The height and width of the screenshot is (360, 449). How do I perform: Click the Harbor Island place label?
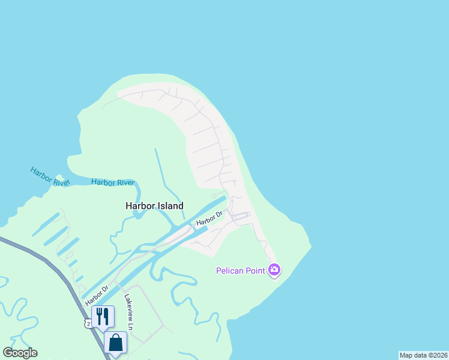point(154,206)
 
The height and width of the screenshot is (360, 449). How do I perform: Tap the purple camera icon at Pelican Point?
point(274,270)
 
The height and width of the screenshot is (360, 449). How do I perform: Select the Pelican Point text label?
point(241,271)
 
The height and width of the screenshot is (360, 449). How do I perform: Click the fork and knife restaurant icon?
point(103,316)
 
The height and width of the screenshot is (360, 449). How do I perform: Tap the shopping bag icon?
point(116,343)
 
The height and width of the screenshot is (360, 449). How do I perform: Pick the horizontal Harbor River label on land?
point(113,182)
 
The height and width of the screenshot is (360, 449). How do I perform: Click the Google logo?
point(20,353)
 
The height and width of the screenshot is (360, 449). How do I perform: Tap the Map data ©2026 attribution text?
point(423,355)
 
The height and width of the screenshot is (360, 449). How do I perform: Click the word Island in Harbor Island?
point(170,206)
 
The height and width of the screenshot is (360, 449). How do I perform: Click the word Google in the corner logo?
point(20,353)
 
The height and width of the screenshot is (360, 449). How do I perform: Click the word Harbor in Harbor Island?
point(139,206)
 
